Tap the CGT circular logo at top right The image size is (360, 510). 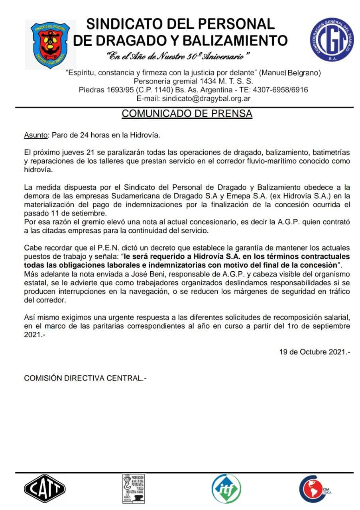[x=332, y=39]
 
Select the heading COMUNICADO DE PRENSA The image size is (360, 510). [x=187, y=114]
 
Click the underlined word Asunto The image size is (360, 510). [x=35, y=135]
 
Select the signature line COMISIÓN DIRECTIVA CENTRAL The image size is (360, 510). [x=85, y=378]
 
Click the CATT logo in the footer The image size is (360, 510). [x=45, y=488]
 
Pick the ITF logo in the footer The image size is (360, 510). [x=226, y=489]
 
